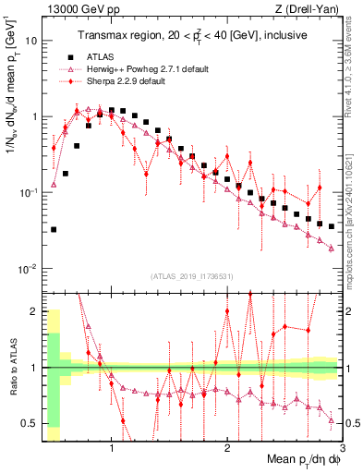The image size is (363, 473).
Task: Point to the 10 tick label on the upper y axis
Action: point(31,42)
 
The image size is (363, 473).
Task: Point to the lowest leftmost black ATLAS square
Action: point(54,230)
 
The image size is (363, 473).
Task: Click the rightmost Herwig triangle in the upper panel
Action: point(331,248)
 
